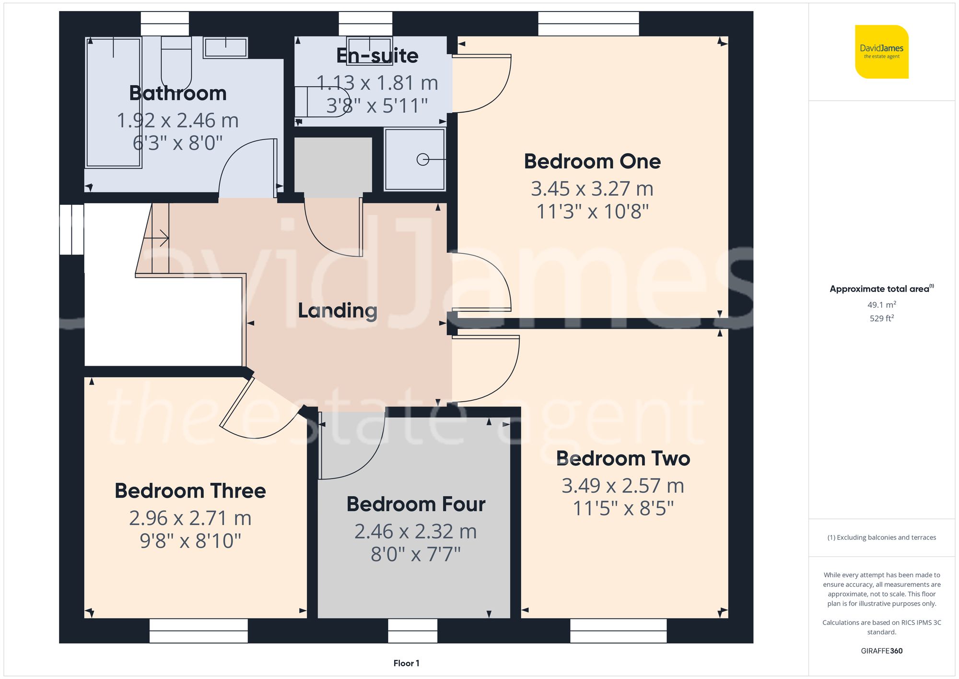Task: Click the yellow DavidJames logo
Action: coord(881,52)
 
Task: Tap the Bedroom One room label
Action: coord(592,161)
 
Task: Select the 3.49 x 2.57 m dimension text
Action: coord(622,486)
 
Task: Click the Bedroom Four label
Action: coord(416,504)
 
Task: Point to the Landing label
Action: coord(338,310)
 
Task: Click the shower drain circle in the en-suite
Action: coord(422,159)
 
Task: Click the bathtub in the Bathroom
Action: coord(113,103)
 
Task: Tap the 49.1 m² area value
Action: coord(881,305)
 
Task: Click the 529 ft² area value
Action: coord(881,318)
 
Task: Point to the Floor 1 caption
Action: coord(406,663)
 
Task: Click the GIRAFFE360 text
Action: coord(881,651)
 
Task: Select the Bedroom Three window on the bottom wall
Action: coord(199,631)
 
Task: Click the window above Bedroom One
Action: coord(588,24)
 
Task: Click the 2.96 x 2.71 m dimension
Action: coord(190,518)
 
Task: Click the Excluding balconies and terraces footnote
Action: coord(881,537)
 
